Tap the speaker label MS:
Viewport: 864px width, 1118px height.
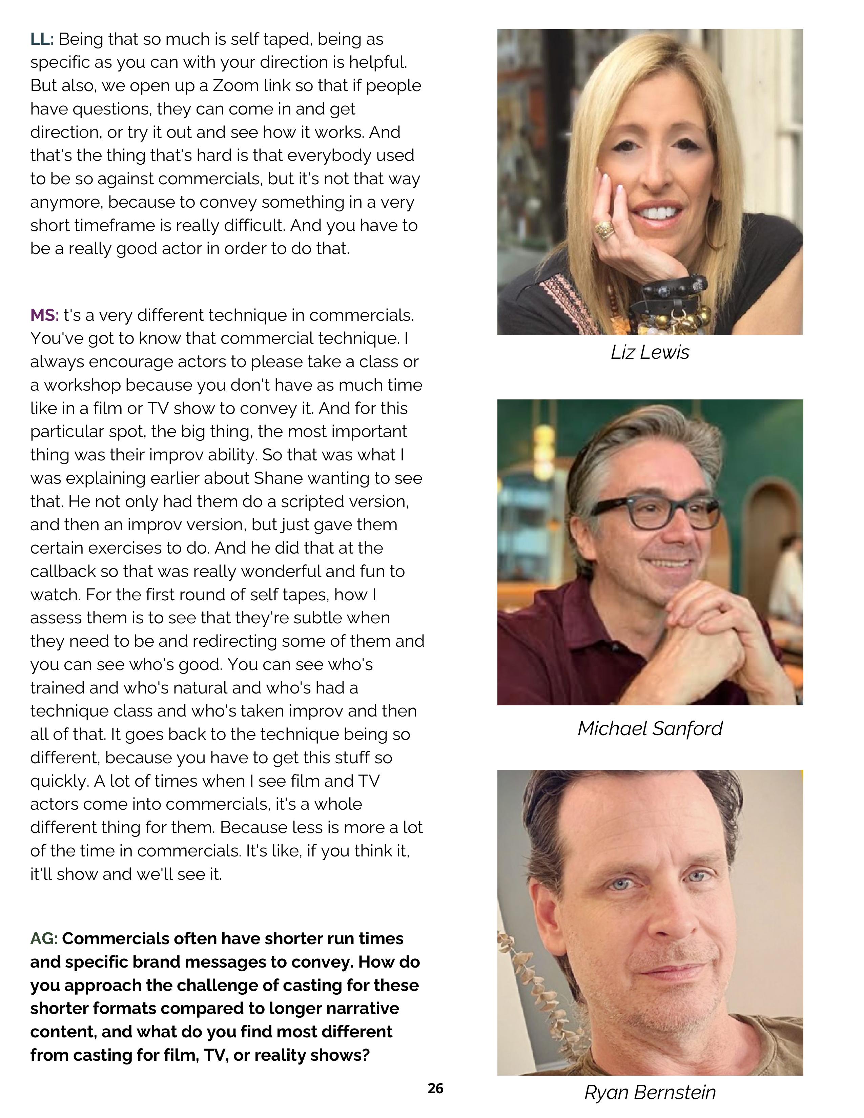point(44,315)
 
